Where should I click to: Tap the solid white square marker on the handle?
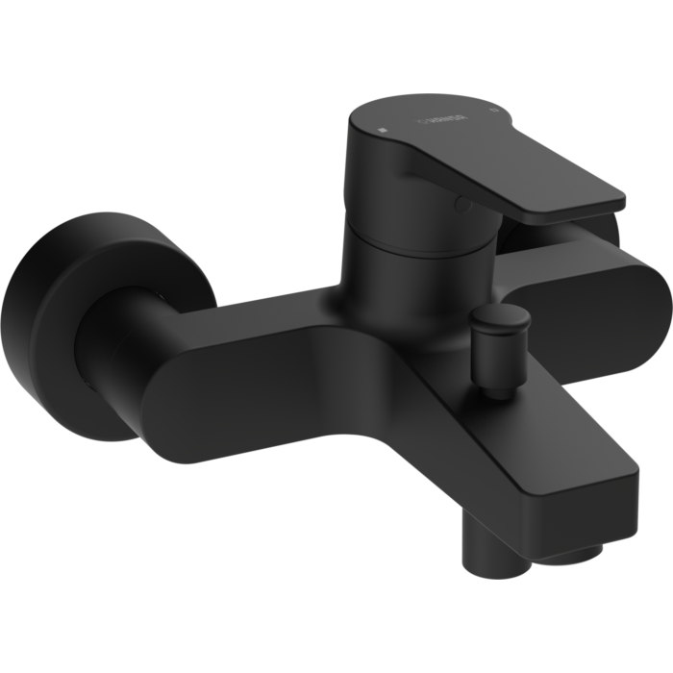pyautogui.click(x=383, y=128)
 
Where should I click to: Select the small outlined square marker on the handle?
pyautogui.click(x=493, y=112)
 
